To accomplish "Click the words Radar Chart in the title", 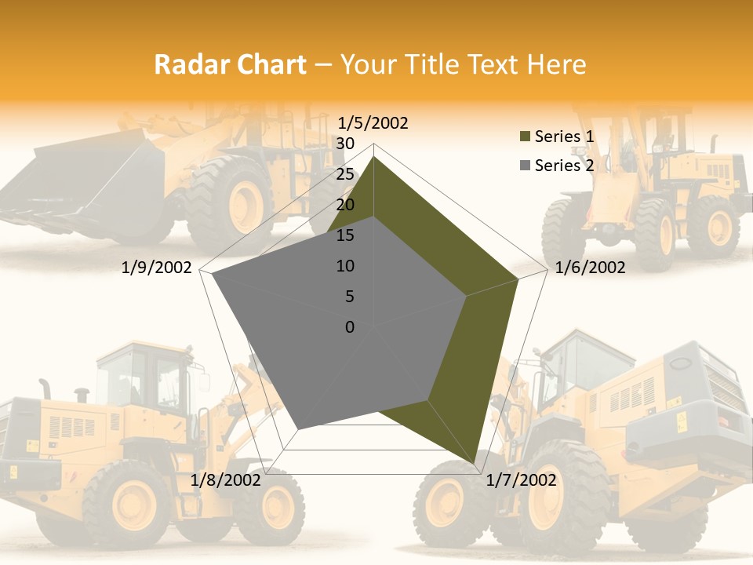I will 230,64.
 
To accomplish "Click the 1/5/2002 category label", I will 373,122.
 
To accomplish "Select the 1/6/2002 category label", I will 590,268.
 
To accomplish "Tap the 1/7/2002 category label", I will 521,479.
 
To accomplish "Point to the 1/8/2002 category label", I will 226,479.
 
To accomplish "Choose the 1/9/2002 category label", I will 157,268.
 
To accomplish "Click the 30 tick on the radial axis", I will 345,144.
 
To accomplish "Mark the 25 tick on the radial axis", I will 345,174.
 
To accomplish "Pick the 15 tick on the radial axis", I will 345,235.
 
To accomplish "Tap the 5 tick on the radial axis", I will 349,297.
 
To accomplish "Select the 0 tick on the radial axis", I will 350,327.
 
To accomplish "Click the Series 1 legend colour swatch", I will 525,137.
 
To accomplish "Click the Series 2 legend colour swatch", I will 525,166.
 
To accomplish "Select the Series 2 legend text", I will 564,166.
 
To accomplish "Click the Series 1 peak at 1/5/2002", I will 374,157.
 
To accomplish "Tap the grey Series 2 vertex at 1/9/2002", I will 213,275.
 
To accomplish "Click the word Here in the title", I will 556,64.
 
